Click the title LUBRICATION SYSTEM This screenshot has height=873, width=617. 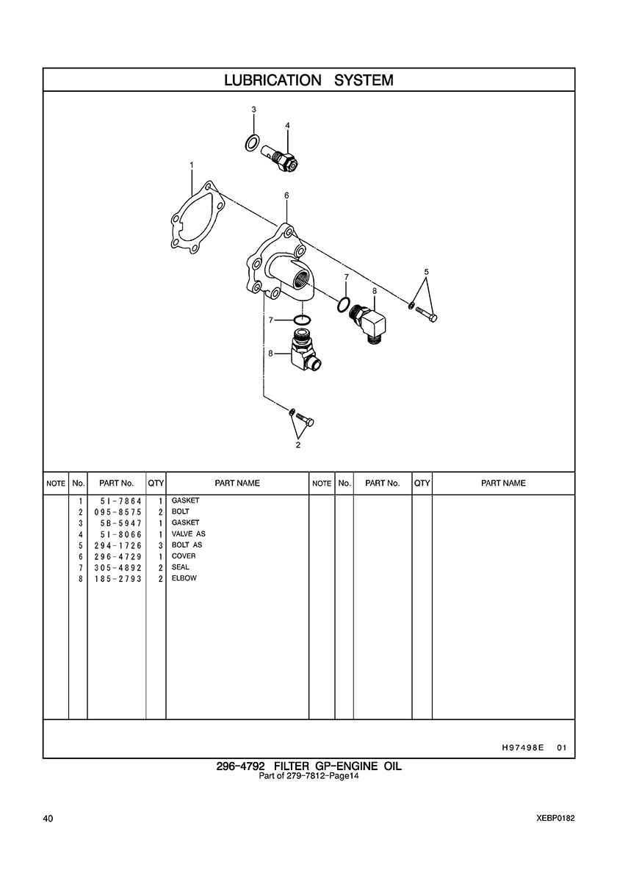point(308,80)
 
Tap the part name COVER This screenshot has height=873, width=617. point(184,556)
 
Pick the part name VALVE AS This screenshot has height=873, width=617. point(188,534)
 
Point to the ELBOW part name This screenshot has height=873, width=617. point(184,578)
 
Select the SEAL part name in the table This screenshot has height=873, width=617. point(180,567)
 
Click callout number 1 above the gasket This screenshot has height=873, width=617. point(191,165)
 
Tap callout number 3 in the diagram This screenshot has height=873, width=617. point(253,109)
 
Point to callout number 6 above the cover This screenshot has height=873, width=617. point(286,195)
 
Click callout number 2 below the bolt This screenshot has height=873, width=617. point(298,444)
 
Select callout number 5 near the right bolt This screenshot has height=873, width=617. point(426,272)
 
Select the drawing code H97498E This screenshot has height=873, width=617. point(522,748)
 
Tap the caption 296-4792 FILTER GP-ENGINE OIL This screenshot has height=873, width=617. point(308,766)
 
